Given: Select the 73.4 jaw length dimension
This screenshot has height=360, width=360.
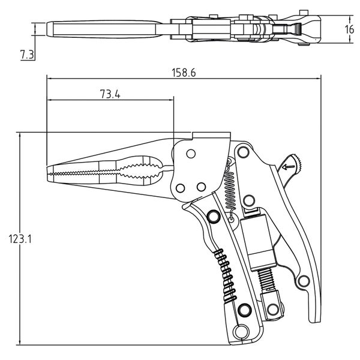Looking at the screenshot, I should pos(108,94).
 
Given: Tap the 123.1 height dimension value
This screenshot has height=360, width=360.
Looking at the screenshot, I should pos(20,238).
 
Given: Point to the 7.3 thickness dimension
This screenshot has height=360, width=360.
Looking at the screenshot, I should pos(26,55).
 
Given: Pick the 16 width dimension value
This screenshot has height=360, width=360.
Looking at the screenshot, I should pos(350,29).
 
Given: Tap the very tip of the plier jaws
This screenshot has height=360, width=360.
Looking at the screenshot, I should pos(48,173).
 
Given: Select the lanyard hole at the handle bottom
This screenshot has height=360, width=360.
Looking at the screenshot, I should pos(241,332).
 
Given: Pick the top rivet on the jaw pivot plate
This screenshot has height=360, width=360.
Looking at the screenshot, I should pos(190,154).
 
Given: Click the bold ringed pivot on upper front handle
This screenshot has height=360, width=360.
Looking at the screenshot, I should pos(212,217).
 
